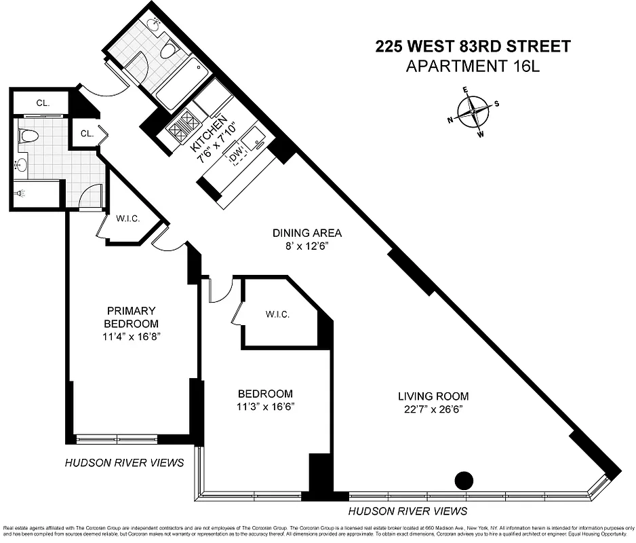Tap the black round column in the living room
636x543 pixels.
coord(464,481)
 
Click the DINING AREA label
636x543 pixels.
coord(307,233)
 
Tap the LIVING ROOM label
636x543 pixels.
coord(433,396)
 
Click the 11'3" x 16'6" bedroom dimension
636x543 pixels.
coord(265,407)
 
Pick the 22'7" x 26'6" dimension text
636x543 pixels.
coord(433,409)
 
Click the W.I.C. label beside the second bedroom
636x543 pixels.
coord(277,314)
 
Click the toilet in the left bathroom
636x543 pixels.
coord(28,135)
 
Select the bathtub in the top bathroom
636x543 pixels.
coord(179,84)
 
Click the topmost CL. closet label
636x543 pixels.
coord(41,102)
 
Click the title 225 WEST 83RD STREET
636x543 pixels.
coord(473,47)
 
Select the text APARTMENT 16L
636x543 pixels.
coord(473,66)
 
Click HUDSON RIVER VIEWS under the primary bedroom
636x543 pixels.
coord(124,463)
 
